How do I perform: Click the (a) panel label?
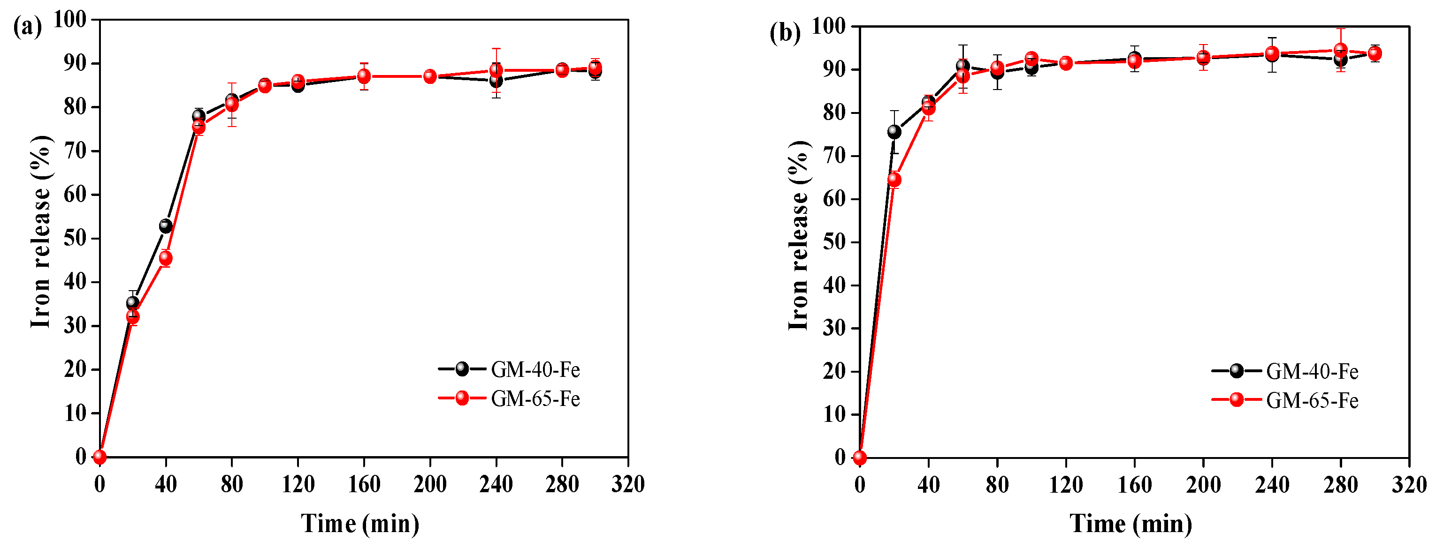[x=27, y=26]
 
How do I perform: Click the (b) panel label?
[x=785, y=33]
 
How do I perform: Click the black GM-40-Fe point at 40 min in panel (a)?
[x=166, y=226]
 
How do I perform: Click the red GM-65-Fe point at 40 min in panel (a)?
[x=166, y=258]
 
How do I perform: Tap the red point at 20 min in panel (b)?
[x=894, y=180]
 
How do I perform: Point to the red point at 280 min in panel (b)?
[x=1341, y=50]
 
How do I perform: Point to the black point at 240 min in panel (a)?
[x=496, y=81]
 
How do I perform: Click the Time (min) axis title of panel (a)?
[x=360, y=524]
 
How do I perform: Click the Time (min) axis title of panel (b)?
[x=1130, y=524]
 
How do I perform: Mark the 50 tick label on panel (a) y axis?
[x=75, y=238]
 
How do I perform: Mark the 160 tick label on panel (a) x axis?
[x=364, y=484]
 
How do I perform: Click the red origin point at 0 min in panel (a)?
[x=100, y=457]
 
